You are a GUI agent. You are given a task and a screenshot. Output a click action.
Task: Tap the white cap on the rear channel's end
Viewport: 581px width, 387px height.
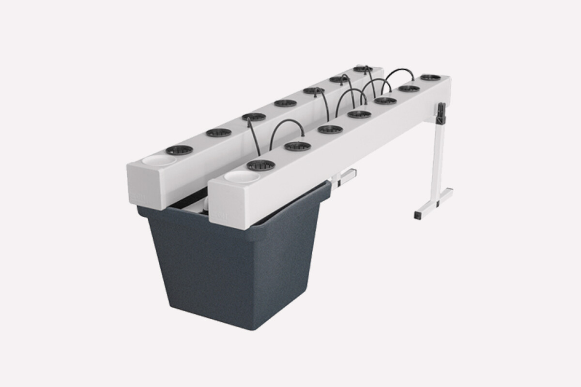point(159,160)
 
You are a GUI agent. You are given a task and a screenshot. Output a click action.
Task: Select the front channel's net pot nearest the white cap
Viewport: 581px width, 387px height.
point(261,165)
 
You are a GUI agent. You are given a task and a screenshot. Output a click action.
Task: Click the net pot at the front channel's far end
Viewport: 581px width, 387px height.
point(430,77)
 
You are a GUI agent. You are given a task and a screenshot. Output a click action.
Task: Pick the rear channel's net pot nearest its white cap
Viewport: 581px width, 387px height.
point(179,150)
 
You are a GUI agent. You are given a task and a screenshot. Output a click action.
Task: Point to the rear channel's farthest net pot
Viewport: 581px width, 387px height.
point(363,69)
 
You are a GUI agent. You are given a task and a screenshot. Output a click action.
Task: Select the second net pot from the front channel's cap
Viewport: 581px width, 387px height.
point(297,146)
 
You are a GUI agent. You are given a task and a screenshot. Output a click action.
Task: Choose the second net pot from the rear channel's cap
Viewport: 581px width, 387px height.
point(218,133)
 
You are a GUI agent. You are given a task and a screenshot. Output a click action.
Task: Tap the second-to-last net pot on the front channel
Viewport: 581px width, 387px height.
point(409,89)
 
